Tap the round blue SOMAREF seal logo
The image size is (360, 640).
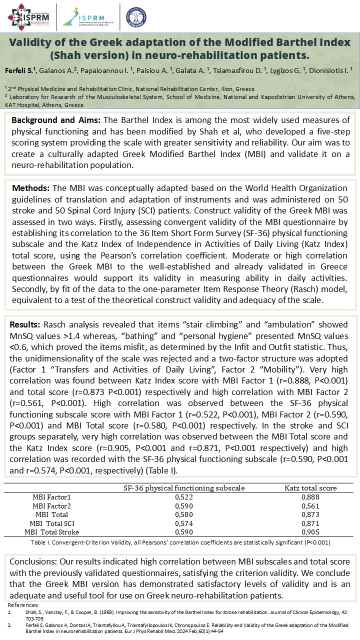(136, 16)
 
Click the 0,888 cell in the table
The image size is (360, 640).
(310, 496)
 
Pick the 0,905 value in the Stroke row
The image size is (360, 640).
(310, 532)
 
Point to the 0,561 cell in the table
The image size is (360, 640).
(310, 505)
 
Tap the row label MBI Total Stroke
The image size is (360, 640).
(51, 532)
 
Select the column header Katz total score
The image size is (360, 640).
(310, 487)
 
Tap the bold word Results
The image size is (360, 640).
(26, 324)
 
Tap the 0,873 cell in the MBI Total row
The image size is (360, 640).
(310, 514)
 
